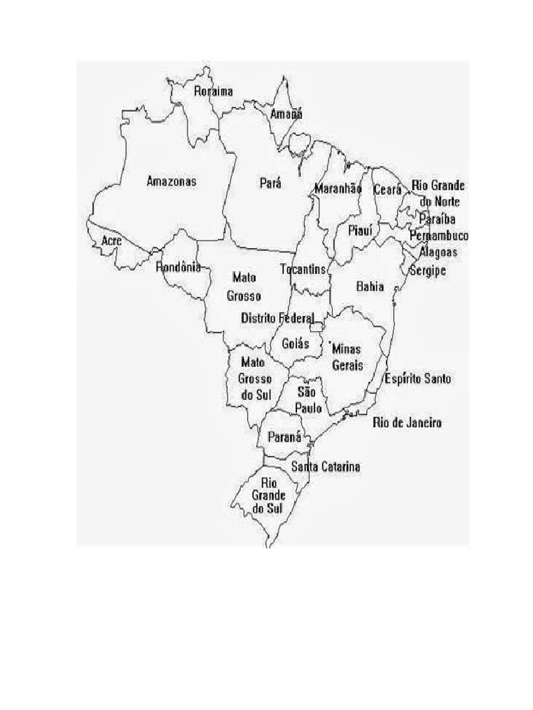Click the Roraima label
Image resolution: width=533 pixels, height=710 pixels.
coord(213,91)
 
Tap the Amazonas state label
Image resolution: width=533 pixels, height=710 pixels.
coord(171,182)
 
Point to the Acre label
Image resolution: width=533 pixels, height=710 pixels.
coord(112,241)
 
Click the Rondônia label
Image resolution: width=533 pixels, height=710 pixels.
coord(178,267)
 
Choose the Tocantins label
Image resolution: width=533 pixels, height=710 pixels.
coord(303,268)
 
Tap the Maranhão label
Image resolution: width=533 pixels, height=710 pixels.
coord(339,189)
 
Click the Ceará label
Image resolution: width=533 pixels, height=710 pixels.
coord(387,189)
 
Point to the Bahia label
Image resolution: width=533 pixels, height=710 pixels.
coord(369,286)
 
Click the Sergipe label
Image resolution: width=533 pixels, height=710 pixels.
coord(428,270)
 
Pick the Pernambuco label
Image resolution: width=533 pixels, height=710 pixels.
coord(439,236)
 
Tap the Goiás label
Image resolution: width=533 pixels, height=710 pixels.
coord(296,343)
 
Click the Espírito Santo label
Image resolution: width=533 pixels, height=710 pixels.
coord(418,379)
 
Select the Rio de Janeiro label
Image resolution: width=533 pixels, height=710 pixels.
coord(407,422)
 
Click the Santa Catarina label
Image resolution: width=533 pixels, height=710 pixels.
coord(325,467)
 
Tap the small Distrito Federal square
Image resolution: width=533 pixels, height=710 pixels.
coord(317,327)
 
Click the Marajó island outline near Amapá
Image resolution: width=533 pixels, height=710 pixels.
coord(301,144)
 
